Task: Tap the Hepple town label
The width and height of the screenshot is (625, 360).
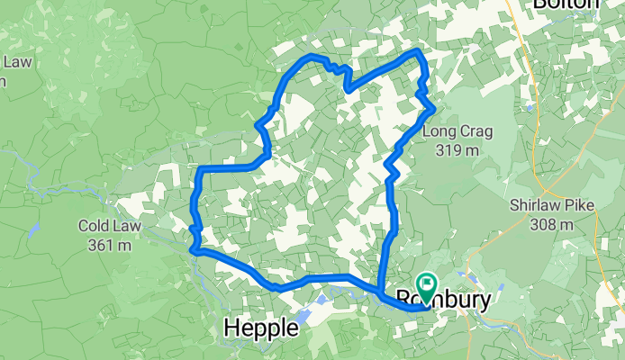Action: pyautogui.click(x=260, y=329)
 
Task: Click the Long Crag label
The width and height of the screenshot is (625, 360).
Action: pyautogui.click(x=457, y=132)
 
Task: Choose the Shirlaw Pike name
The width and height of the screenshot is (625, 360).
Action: pyautogui.click(x=548, y=206)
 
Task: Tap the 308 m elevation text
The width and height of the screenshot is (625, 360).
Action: pyautogui.click(x=548, y=224)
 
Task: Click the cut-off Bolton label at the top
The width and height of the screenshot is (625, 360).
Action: pyautogui.click(x=566, y=4)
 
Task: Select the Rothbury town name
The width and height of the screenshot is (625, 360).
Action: pyautogui.click(x=450, y=299)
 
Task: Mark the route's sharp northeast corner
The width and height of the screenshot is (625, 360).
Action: pyautogui.click(x=418, y=53)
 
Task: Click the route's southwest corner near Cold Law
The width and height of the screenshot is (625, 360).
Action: pyautogui.click(x=193, y=251)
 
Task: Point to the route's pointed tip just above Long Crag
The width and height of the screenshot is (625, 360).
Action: pyautogui.click(x=434, y=109)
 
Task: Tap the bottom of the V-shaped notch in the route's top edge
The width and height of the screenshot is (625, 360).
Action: pyautogui.click(x=348, y=88)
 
